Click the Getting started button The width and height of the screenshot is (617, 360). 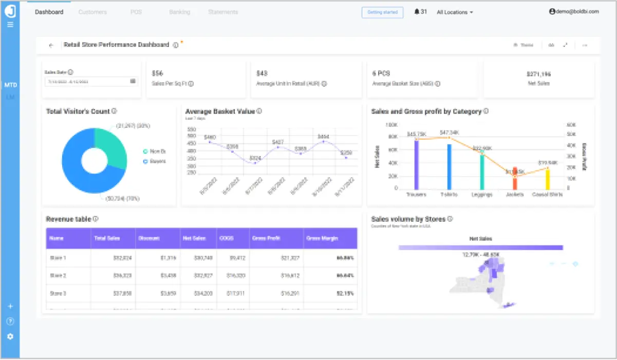pos(382,12)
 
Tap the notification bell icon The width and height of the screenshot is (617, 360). pos(417,12)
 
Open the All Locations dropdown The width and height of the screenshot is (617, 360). pos(455,12)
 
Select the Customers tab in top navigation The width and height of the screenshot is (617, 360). pos(92,12)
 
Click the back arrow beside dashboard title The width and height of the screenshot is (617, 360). pos(51,45)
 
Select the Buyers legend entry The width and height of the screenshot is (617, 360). pos(154,161)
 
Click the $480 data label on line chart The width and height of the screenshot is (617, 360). pos(210,137)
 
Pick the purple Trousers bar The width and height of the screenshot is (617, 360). pos(417,164)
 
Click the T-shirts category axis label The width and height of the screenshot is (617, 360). pos(448,195)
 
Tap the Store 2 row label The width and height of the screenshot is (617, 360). pos(58,275)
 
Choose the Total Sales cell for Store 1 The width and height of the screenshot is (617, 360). pos(121,257)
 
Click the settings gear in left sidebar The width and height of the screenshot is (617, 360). pos(10,336)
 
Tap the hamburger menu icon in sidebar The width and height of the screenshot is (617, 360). pos(10,24)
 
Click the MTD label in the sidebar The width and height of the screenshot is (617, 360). pos(10,85)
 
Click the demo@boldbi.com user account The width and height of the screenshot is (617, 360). pos(574,12)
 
